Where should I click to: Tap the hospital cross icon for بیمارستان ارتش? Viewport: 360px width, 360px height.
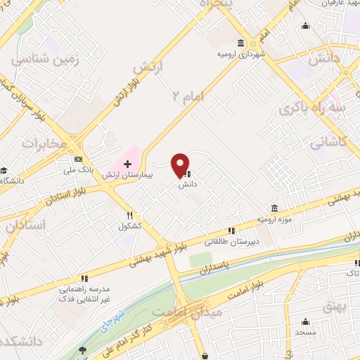pyautogui.click(x=127, y=164)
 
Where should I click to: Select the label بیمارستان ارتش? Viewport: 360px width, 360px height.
pyautogui.click(x=127, y=174)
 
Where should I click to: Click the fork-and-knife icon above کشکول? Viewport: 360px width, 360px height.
pyautogui.click(x=129, y=216)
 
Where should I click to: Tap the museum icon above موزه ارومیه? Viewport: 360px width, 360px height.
pyautogui.click(x=273, y=209)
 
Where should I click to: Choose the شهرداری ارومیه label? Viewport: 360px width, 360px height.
pyautogui.click(x=241, y=53)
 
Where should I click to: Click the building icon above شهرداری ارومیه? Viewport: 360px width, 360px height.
pyautogui.click(x=241, y=42)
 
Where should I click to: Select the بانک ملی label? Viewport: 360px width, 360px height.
pyautogui.click(x=77, y=169)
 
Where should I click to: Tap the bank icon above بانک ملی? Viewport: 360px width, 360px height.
pyautogui.click(x=77, y=159)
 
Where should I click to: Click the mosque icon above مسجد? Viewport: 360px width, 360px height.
pyautogui.click(x=305, y=321)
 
